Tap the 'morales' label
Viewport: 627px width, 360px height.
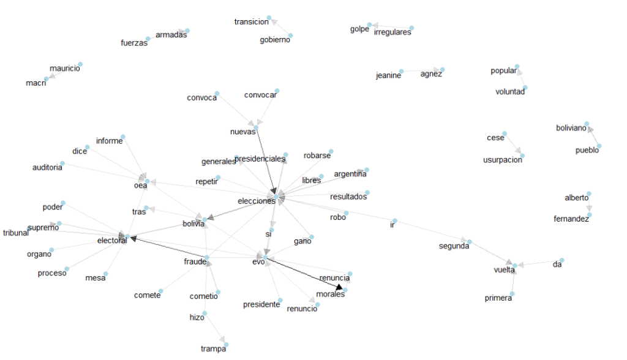(x=331, y=294)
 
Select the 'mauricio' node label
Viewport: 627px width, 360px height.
(x=65, y=69)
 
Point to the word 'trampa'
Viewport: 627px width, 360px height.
(x=214, y=349)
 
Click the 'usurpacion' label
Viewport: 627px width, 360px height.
(x=503, y=160)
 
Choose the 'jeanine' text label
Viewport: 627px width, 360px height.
(x=389, y=76)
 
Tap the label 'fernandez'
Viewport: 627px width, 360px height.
(x=571, y=219)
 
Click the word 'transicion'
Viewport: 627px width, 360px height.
(x=252, y=22)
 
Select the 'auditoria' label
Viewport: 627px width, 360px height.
(x=48, y=167)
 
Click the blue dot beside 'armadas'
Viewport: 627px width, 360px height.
(x=188, y=30)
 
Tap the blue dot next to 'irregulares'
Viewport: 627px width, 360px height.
(x=411, y=28)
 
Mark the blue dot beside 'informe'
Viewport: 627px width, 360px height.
(x=123, y=136)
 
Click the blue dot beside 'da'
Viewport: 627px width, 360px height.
(x=561, y=260)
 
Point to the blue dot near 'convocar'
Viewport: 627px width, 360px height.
(x=277, y=91)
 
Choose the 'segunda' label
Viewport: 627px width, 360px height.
(x=454, y=246)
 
